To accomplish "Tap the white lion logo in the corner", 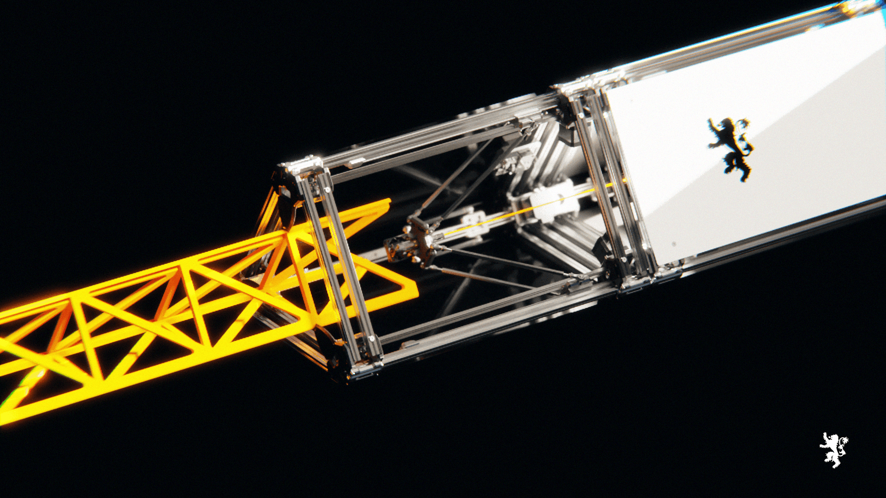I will pos(833,450).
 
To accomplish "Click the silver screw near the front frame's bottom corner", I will pos(371,339).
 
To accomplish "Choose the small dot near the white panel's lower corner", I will pos(674,244).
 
